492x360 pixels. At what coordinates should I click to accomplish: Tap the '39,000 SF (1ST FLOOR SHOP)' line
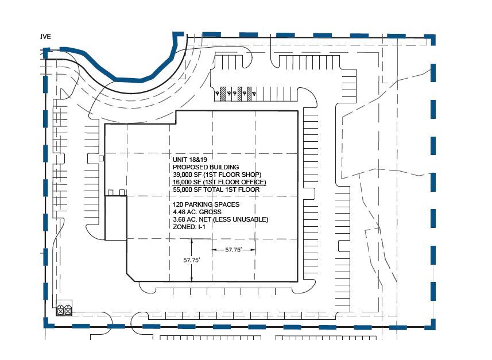(x=217, y=175)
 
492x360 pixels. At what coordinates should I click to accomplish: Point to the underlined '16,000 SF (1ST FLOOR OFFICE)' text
(x=219, y=182)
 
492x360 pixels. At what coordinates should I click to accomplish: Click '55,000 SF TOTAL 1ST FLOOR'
(x=216, y=189)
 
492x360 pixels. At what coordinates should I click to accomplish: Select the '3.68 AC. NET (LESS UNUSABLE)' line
(x=220, y=219)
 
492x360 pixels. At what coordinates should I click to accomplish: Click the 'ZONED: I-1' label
(x=188, y=227)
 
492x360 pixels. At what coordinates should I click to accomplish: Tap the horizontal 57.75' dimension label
(x=234, y=250)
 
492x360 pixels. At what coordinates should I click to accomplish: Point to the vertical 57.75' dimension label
(x=191, y=260)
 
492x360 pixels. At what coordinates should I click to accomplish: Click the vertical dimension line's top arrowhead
(x=192, y=240)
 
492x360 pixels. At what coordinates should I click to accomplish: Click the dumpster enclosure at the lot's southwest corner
(x=64, y=310)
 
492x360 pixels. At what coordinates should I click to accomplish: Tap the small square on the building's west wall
(x=101, y=158)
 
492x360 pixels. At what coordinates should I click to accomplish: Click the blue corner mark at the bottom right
(x=429, y=324)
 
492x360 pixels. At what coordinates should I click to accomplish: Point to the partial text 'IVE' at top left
(x=45, y=36)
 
